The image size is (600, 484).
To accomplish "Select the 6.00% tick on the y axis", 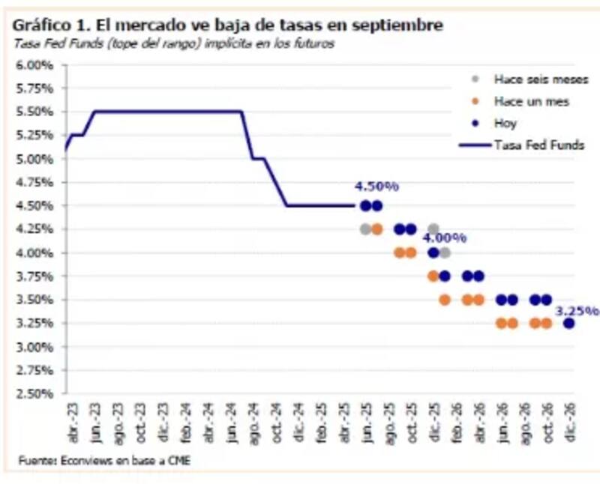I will (34, 65).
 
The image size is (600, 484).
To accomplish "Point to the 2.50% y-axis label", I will (34, 393).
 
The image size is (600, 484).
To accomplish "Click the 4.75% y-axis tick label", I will (34, 182).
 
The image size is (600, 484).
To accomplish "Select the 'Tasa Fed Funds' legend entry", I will (538, 145).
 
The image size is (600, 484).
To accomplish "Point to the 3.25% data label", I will (577, 309).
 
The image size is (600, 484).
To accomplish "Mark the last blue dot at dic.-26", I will (568, 323).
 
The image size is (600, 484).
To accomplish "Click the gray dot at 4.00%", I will (445, 252).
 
